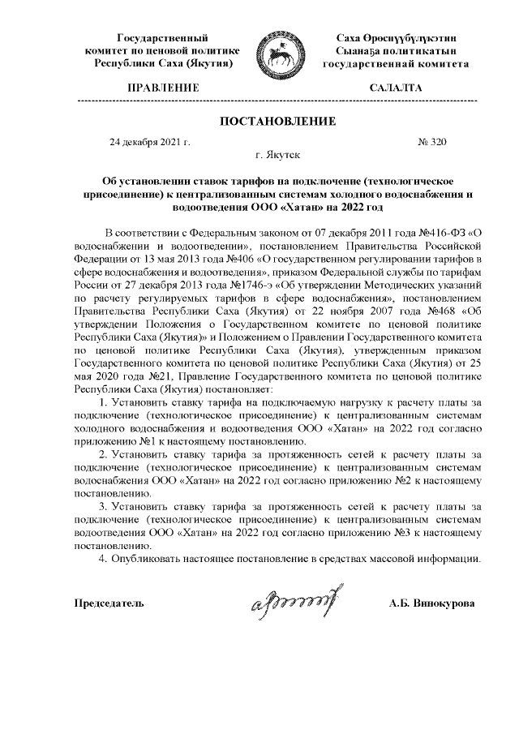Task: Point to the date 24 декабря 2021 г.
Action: [149, 142]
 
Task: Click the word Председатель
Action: [109, 604]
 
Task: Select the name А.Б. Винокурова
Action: [432, 604]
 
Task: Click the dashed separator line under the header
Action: [276, 100]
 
